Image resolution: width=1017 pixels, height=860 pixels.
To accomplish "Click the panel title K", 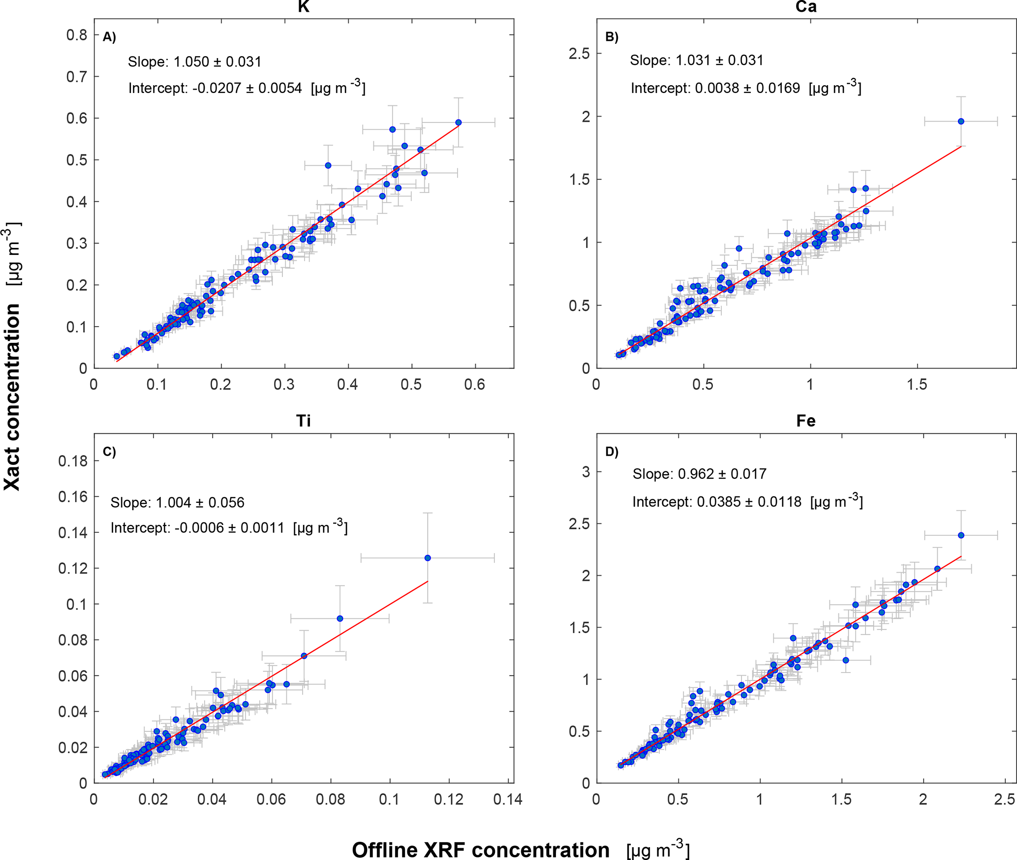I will (304, 6).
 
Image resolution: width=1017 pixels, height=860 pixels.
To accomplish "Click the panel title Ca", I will (806, 6).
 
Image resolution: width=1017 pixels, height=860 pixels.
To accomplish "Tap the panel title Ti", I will (304, 421).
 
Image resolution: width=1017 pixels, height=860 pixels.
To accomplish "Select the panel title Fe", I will (806, 421).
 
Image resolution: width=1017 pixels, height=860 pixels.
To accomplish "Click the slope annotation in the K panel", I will (194, 62).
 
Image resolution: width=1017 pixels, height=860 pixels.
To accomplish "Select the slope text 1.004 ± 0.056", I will (177, 502).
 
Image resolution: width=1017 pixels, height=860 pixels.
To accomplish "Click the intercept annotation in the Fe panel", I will (747, 501).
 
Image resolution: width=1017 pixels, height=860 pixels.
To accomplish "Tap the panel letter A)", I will (109, 37).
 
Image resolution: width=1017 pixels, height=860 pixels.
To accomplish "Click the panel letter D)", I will (612, 452).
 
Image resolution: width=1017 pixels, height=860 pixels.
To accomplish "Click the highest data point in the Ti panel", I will (428, 558).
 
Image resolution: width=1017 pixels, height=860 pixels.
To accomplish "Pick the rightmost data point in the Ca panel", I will (960, 122).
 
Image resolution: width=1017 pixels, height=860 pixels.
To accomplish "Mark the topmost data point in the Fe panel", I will (961, 535).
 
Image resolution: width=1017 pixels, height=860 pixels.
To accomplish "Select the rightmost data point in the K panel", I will (458, 123).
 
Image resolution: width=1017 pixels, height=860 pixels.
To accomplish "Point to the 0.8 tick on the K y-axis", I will (77, 35).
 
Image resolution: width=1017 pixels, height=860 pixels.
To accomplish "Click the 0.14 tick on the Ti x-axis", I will (508, 799).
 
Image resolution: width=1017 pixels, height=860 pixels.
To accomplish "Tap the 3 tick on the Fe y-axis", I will (586, 472).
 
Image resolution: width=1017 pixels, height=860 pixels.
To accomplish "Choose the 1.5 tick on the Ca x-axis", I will (917, 385).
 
